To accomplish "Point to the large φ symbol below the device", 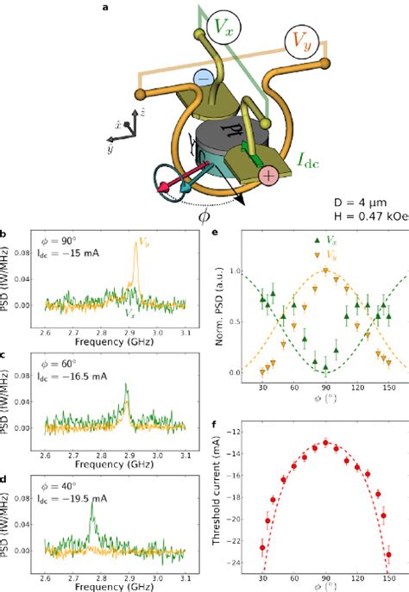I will pos(204,215).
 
